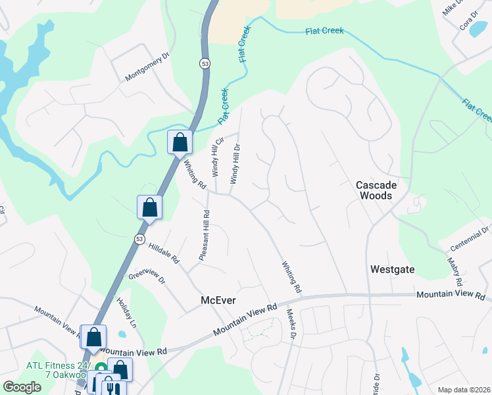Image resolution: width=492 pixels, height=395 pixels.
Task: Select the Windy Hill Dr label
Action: click(x=234, y=164)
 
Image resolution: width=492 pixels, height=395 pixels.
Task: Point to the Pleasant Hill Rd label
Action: click(x=205, y=235)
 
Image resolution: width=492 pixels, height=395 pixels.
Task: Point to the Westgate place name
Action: click(x=393, y=269)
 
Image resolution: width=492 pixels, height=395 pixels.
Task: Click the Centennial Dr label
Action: click(x=470, y=239)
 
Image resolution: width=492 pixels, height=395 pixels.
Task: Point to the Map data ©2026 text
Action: click(x=463, y=390)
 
